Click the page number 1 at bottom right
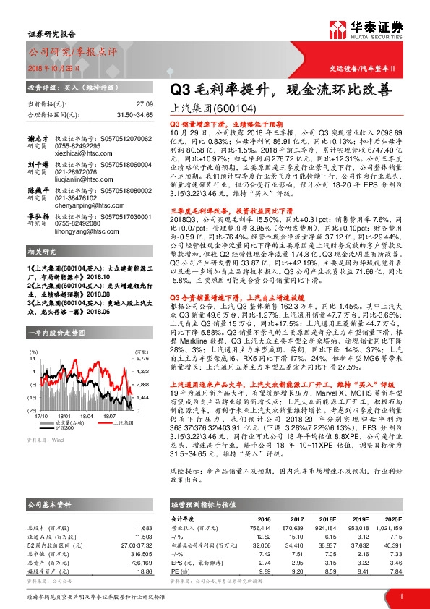(400, 596)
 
